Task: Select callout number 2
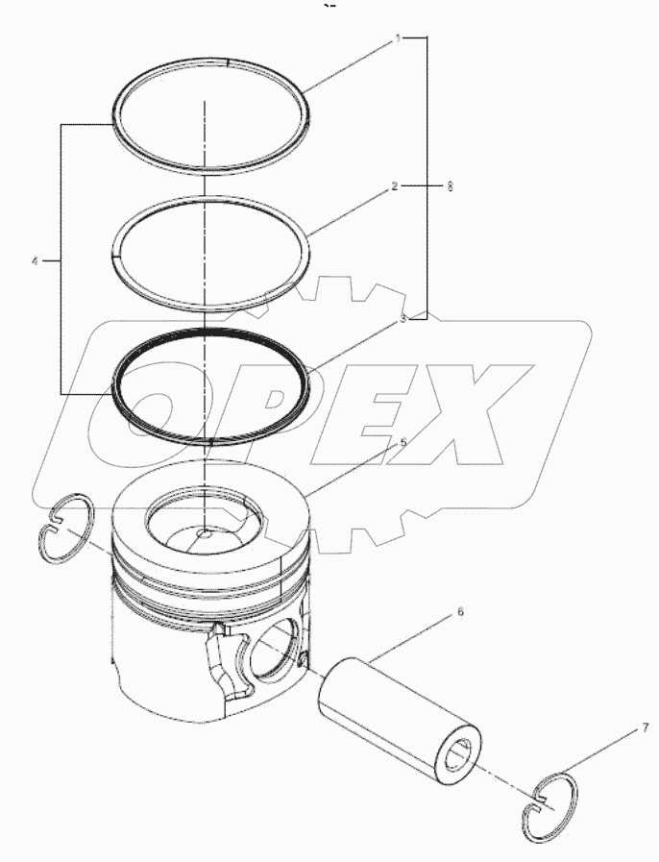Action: (x=394, y=186)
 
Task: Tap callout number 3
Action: (x=403, y=318)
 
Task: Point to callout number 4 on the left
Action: (x=36, y=260)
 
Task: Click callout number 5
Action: (x=403, y=442)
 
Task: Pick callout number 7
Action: (x=632, y=731)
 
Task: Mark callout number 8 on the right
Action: (x=450, y=186)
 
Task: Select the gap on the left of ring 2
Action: (x=113, y=255)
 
